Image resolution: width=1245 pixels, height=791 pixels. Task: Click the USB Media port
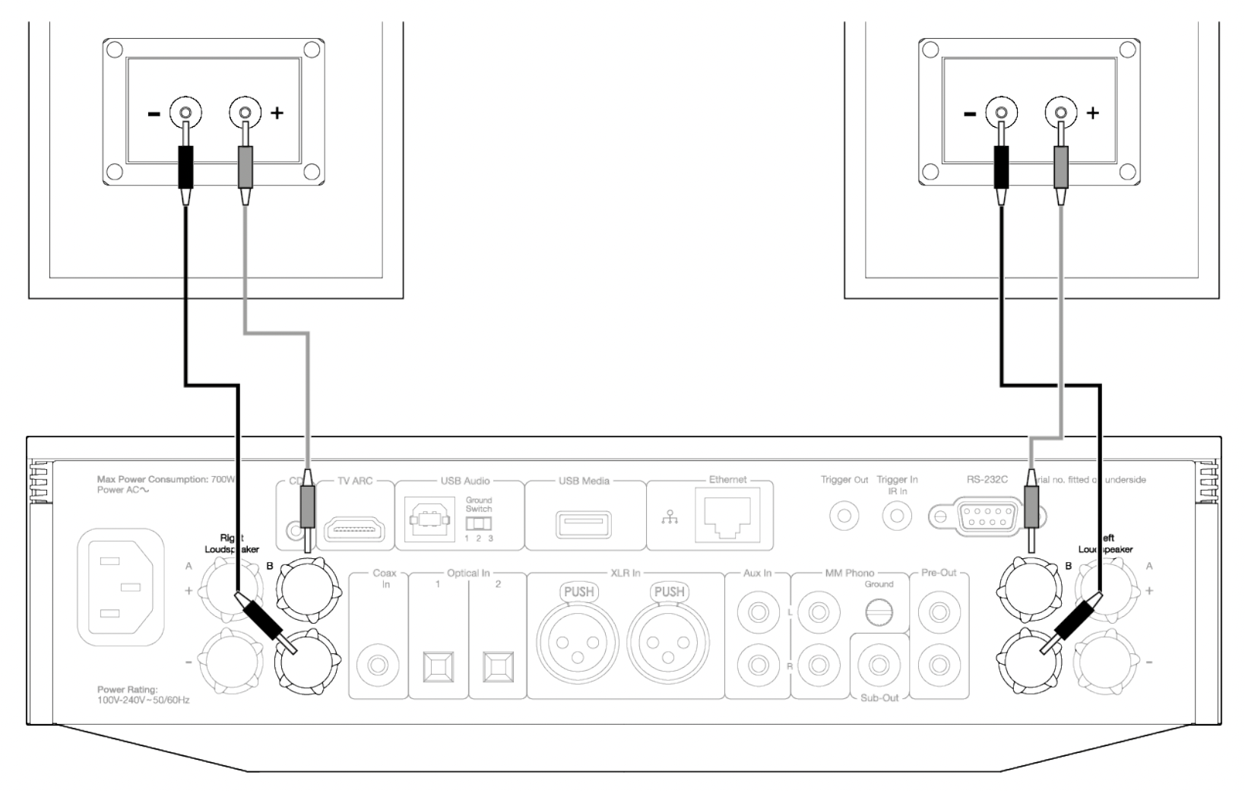tap(584, 523)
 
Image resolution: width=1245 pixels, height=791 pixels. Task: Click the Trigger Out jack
tap(844, 516)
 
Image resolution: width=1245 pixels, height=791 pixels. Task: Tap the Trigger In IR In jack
tap(897, 516)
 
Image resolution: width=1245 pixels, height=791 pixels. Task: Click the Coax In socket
tap(378, 666)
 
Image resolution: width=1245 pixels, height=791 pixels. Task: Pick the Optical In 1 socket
tap(438, 666)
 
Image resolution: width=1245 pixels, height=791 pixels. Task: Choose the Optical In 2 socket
tap(499, 666)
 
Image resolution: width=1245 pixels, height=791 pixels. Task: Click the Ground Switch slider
tap(478, 524)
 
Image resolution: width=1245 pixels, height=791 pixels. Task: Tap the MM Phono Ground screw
tap(879, 611)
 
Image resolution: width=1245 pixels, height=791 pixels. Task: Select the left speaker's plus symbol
tap(277, 113)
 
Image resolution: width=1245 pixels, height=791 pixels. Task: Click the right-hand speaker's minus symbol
tap(970, 113)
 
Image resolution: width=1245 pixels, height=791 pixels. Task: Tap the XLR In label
tap(625, 573)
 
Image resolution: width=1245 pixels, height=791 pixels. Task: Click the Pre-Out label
tap(939, 573)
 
